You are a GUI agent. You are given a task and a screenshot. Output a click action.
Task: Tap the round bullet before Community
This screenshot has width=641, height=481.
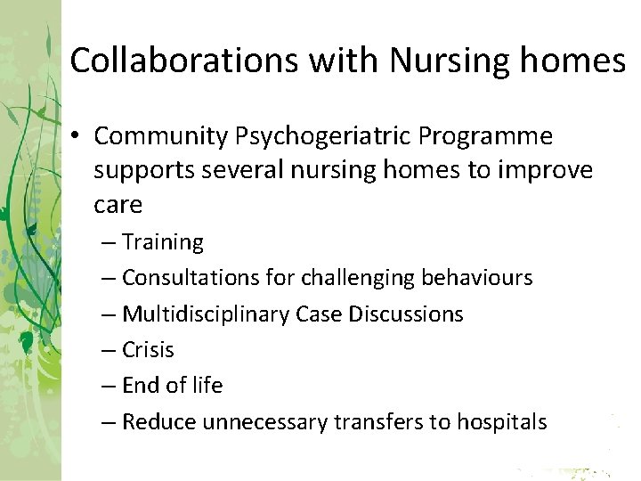click(78, 137)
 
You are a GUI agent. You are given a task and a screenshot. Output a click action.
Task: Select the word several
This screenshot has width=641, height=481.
click(235, 170)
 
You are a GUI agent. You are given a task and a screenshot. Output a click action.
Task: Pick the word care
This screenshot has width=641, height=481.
click(118, 204)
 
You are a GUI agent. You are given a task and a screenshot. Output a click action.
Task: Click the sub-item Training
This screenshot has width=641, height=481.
click(163, 242)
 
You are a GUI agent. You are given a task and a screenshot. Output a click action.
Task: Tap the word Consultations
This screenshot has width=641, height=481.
click(190, 278)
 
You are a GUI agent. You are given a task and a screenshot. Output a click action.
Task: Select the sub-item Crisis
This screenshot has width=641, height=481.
click(148, 350)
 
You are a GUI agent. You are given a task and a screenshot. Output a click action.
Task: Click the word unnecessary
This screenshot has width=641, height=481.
click(265, 422)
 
